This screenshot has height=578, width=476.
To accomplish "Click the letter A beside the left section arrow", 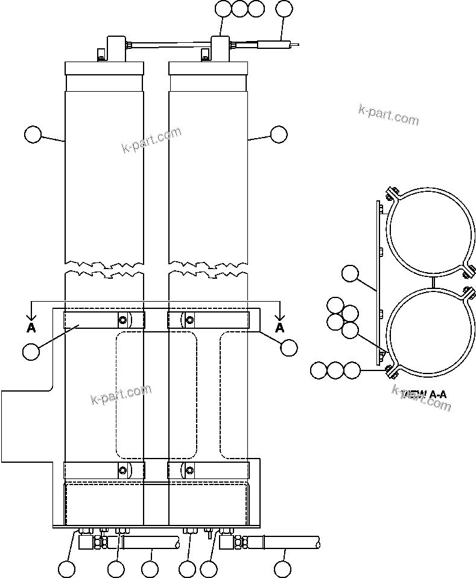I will click(x=31, y=328).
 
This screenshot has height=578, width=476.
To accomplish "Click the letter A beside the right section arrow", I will click(x=279, y=328).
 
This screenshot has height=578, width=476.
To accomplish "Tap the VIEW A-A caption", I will click(x=424, y=395).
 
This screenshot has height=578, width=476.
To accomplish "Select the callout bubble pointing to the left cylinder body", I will click(x=33, y=135).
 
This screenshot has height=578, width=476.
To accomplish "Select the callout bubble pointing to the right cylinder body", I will click(x=279, y=135).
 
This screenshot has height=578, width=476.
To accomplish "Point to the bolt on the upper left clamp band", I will click(x=122, y=319).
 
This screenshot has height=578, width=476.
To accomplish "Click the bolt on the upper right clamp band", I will click(x=189, y=319).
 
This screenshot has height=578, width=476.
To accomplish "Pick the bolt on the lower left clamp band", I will click(x=122, y=471).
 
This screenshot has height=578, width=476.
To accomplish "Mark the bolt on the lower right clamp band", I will click(x=189, y=471).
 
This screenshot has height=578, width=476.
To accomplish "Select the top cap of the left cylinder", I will click(x=104, y=68).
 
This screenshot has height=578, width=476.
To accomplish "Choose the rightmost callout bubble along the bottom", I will click(x=282, y=568).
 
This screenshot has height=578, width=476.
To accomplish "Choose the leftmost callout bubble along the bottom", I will click(x=66, y=568).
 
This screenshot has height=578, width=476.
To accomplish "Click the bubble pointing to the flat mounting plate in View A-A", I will click(x=350, y=274).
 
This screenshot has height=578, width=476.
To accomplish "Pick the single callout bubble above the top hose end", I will click(x=284, y=9).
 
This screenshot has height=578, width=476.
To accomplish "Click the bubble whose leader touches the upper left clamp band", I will click(x=30, y=350).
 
